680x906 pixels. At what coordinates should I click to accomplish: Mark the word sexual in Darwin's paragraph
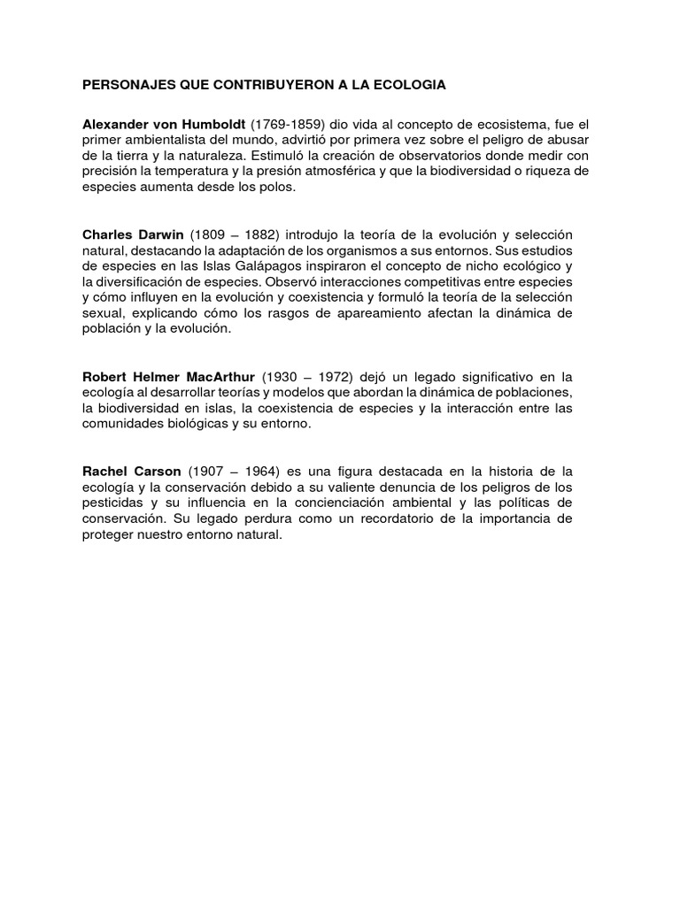tap(103, 314)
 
